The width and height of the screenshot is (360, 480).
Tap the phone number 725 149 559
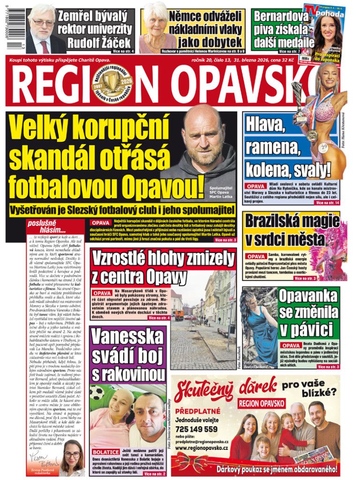(196, 428)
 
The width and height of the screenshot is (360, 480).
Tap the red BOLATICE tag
(105, 452)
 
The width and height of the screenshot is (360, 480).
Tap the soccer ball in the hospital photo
(97, 392)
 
